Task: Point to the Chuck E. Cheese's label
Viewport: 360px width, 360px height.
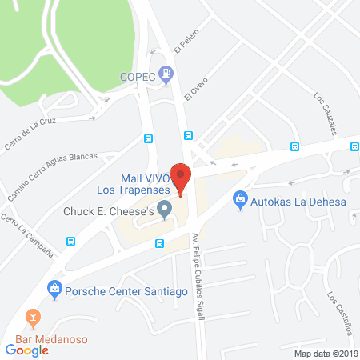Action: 108,212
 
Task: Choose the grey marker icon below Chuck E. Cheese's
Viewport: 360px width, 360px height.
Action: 166,210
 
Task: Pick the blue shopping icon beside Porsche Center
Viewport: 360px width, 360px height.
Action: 54,287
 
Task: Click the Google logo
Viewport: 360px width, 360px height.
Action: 27,349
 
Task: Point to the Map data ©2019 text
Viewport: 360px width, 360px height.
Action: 324,353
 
